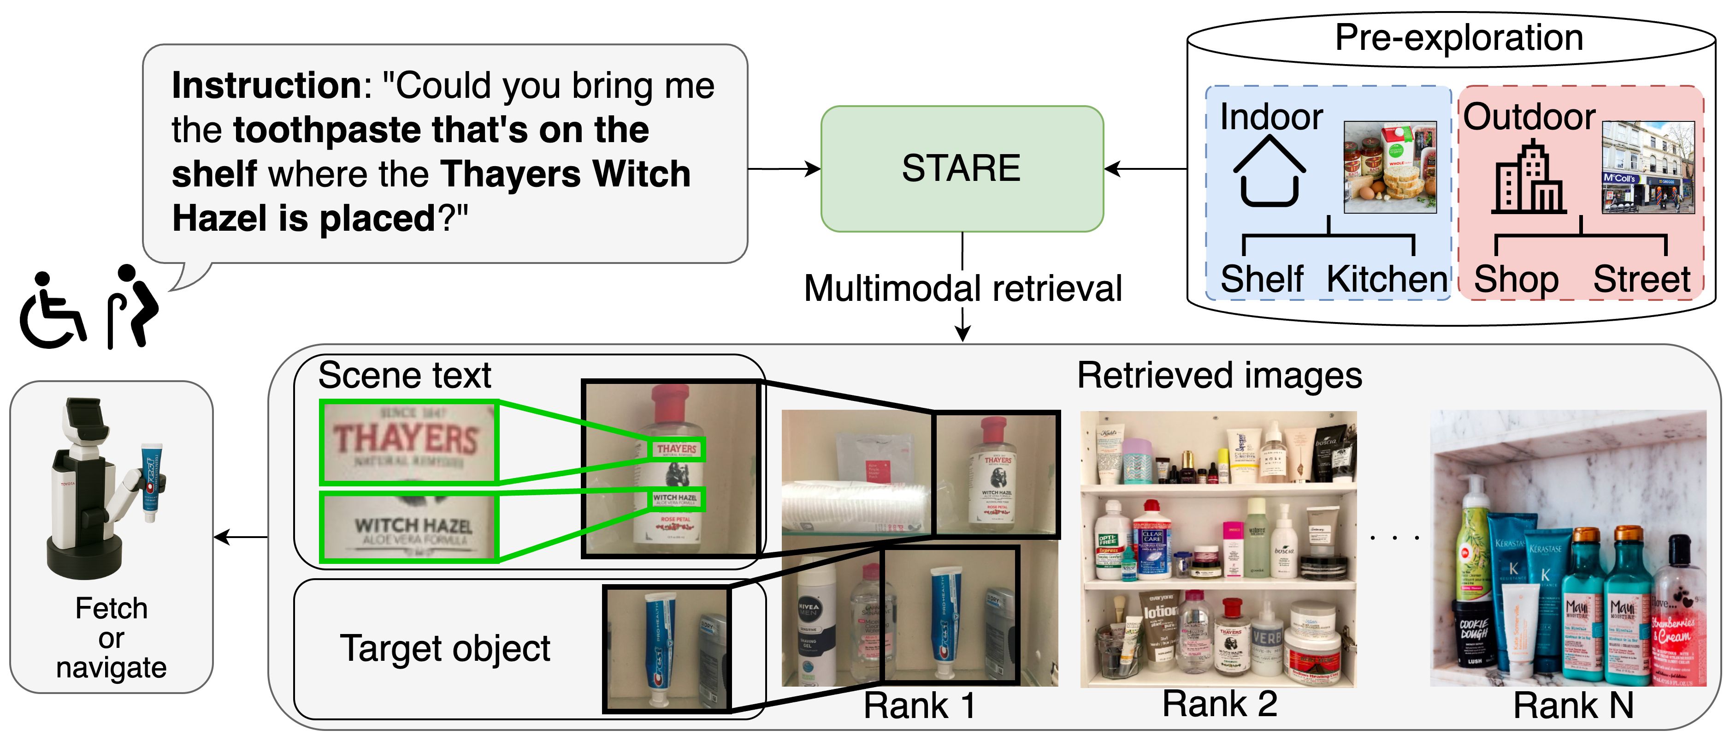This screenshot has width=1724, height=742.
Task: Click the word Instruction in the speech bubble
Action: [x=266, y=86]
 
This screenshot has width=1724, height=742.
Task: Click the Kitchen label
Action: [x=1386, y=279]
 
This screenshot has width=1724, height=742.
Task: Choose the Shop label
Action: [x=1515, y=279]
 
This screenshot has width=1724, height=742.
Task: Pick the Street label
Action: [x=1641, y=279]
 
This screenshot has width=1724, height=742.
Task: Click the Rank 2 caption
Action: [x=1219, y=704]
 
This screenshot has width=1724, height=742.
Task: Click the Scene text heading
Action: [x=404, y=375]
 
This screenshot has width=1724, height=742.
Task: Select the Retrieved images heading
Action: [x=1219, y=375]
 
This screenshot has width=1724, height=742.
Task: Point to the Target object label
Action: [x=445, y=648]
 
